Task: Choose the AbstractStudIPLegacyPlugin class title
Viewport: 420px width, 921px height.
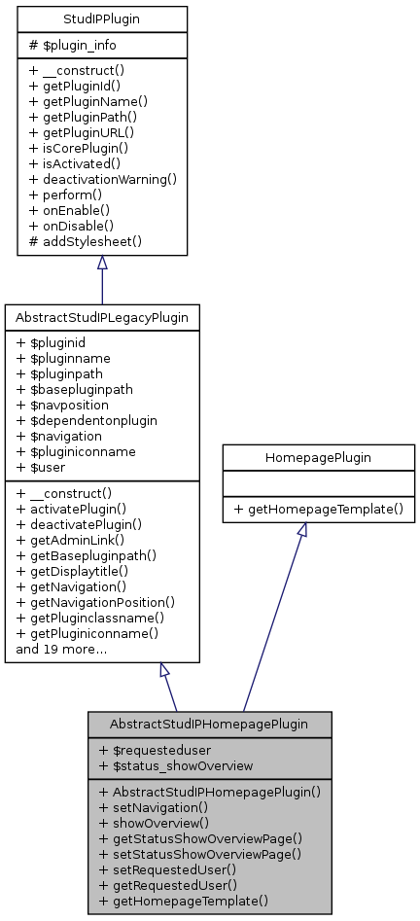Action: pos(102,317)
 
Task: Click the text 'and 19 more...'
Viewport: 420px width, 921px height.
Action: pos(61,649)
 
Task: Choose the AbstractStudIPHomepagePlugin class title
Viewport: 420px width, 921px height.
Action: pos(209,724)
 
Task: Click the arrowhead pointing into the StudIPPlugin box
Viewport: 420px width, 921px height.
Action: pos(102,264)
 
